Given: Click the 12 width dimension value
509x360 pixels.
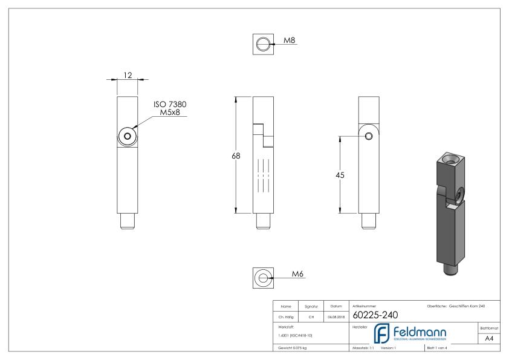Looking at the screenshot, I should click(128, 74).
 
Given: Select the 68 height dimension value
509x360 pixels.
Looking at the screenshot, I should click(236, 155).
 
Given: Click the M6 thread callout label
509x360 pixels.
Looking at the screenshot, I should click(297, 274).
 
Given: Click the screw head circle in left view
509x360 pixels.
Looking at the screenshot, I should click(128, 136).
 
